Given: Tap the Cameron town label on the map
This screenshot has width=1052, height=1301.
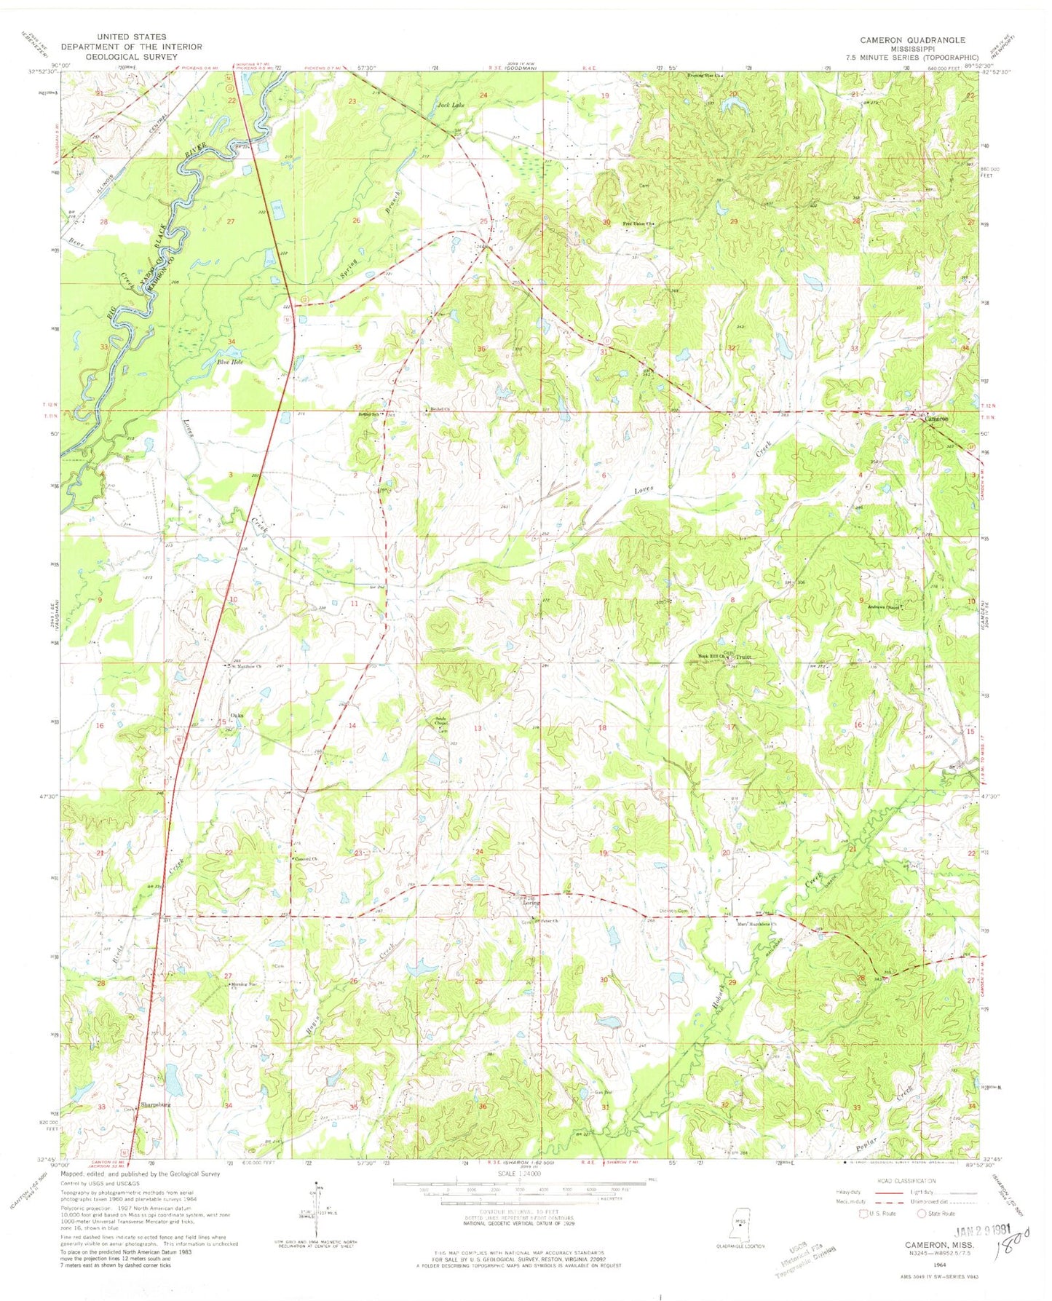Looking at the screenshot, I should click(936, 419).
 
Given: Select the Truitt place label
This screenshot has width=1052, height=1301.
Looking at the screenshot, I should click(743, 657).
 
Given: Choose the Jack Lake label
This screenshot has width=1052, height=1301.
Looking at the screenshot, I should click(450, 105).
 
